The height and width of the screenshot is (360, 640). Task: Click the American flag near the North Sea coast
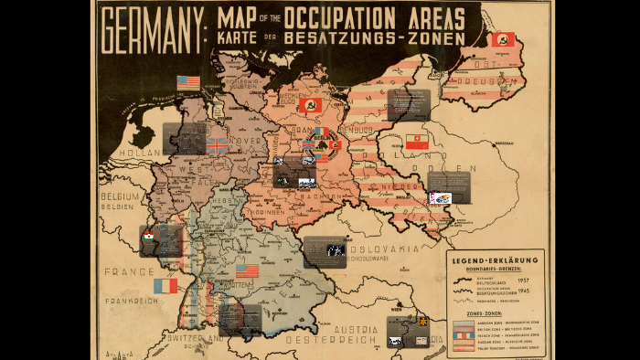click(188, 82)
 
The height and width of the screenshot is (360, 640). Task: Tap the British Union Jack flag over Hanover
click(217, 144)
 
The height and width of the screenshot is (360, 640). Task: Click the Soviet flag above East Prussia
click(504, 39)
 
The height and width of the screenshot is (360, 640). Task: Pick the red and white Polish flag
click(417, 142)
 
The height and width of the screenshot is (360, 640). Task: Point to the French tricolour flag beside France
click(165, 286)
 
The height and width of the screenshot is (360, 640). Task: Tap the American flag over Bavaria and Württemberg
click(247, 270)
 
